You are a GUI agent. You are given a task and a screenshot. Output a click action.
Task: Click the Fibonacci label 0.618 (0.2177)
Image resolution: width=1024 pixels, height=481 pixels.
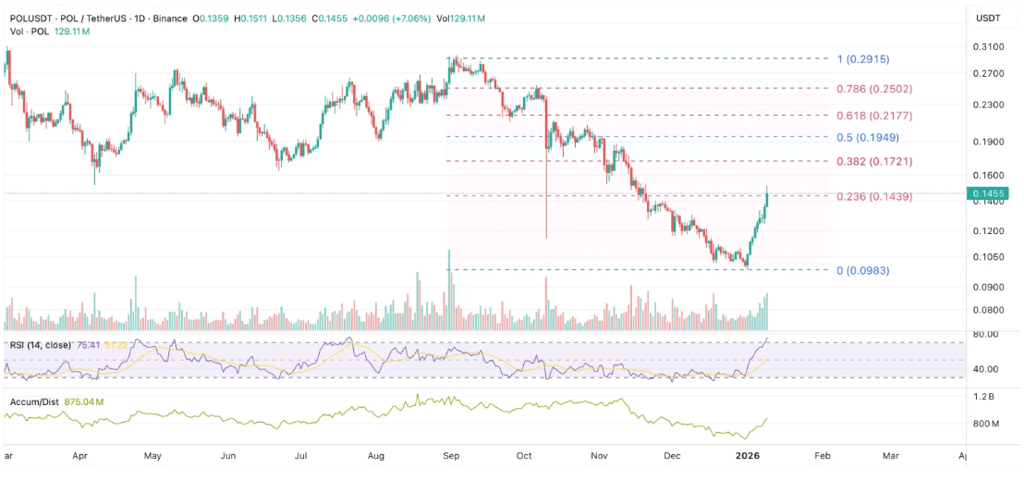(875, 116)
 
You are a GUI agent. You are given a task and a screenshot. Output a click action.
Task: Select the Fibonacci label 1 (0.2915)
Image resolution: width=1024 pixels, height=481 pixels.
(862, 58)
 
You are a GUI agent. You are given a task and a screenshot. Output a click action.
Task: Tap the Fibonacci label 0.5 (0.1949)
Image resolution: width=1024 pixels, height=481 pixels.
(869, 137)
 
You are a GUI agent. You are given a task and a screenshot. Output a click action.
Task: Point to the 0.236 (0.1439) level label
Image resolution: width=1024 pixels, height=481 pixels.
(874, 196)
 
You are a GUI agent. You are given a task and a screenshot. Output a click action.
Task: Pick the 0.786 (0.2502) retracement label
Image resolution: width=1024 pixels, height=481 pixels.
(875, 89)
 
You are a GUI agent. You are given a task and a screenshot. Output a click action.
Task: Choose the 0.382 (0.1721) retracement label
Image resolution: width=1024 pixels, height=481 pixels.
(874, 161)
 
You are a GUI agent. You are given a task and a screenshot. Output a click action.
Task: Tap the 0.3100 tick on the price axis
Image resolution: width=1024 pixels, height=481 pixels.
(988, 46)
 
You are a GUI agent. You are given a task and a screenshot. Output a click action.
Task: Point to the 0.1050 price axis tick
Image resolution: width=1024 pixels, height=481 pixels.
(988, 256)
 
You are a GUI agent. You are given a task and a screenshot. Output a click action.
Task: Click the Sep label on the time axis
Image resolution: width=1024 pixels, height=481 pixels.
(451, 456)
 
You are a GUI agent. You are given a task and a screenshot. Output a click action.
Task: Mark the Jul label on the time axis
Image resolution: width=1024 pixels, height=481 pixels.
(301, 456)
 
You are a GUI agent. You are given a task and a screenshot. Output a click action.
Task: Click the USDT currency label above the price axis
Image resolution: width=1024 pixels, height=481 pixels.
(989, 18)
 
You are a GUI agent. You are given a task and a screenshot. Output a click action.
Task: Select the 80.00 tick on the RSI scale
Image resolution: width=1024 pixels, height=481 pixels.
(986, 334)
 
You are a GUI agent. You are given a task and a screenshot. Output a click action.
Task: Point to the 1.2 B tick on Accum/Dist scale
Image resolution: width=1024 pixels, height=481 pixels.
(987, 396)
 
